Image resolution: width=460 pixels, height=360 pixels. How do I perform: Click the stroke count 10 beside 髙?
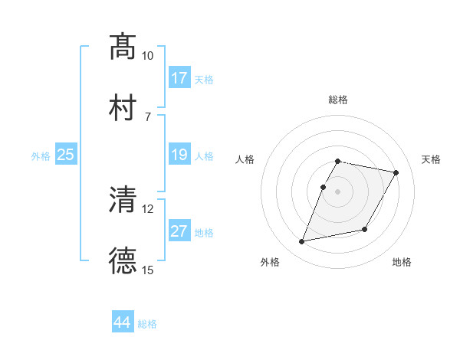pyautogui.click(x=148, y=56)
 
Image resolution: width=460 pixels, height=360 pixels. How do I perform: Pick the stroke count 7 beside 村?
pyautogui.click(x=147, y=116)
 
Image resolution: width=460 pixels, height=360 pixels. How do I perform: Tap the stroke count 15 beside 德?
pyautogui.click(x=148, y=270)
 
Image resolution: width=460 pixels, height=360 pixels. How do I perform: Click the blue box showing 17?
pyautogui.click(x=179, y=78)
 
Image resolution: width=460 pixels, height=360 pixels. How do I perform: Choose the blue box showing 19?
pyautogui.click(x=179, y=155)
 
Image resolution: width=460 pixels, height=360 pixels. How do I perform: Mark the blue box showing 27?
pyautogui.click(x=179, y=232)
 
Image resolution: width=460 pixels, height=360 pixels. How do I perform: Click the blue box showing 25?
pyautogui.click(x=66, y=155)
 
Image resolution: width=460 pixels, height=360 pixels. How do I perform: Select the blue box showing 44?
pyautogui.click(x=123, y=323)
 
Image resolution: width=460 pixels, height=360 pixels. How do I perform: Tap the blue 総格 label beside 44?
pyautogui.click(x=147, y=324)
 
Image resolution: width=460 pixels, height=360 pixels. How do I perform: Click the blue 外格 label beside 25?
pyautogui.click(x=41, y=156)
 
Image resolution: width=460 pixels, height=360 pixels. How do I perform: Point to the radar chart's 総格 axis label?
pyautogui.click(x=338, y=100)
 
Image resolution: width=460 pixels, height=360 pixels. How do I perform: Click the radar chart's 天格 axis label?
pyautogui.click(x=431, y=159)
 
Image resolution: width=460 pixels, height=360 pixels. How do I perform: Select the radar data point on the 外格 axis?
pyautogui.click(x=302, y=242)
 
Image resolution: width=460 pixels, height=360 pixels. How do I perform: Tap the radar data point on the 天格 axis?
pyautogui.click(x=396, y=173)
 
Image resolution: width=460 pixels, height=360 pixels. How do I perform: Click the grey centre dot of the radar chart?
pyautogui.click(x=338, y=191)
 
